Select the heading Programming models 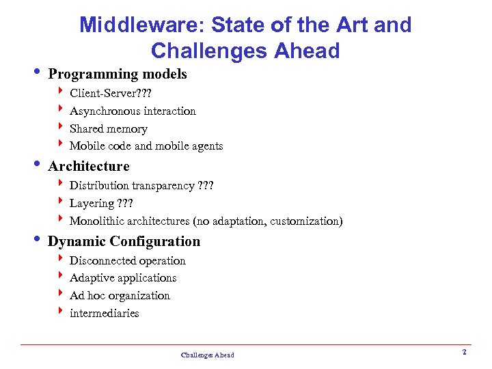[x=118, y=74]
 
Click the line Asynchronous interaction [x=133, y=111]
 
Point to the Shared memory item [x=108, y=128]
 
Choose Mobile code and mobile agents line [x=146, y=146]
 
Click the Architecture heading [x=89, y=166]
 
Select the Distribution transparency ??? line [x=142, y=186]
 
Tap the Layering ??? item [x=101, y=204]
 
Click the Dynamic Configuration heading [x=124, y=241]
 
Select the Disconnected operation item [x=128, y=260]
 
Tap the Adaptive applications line [x=123, y=278]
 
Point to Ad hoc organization [x=120, y=295]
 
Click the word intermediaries [x=104, y=313]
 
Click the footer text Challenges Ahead [x=207, y=355]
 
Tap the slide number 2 [x=464, y=352]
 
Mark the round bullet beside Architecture [x=38, y=165]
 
